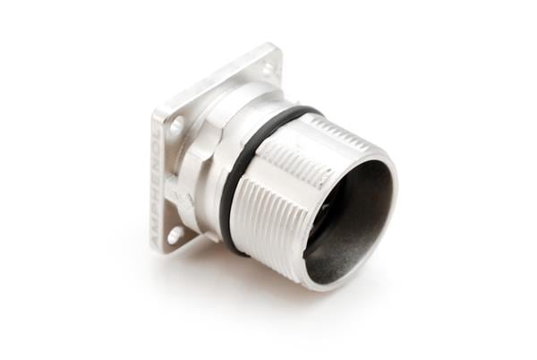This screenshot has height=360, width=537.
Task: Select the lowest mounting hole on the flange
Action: [x=175, y=235]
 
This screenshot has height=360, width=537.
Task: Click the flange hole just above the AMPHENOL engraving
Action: [x=176, y=124]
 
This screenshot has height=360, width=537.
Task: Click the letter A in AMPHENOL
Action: [x=161, y=241]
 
